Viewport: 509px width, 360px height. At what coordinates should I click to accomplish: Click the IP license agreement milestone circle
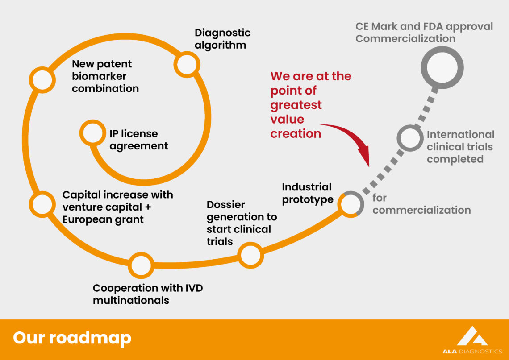pos(92,132)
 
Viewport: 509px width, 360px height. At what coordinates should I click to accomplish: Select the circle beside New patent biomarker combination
pos(42,79)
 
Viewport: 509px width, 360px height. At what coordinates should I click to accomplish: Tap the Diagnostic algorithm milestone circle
pos(186,64)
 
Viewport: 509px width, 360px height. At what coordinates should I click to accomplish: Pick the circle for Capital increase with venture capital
pos(43,203)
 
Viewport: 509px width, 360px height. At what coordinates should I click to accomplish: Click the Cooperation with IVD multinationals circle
pos(141,265)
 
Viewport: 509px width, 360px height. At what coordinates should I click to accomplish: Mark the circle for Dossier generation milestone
pos(250,255)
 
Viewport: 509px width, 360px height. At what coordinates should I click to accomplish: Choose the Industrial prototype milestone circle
pos(350,204)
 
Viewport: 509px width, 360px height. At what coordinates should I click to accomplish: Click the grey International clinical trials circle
pos(409,138)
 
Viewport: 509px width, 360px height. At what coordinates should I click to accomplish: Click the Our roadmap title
pos(72,338)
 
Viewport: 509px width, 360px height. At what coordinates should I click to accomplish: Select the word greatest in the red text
pos(296,105)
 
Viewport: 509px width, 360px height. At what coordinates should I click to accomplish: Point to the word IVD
pos(194,288)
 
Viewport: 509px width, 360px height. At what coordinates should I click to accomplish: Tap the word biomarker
pos(99,76)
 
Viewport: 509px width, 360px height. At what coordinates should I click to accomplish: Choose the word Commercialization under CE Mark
pos(405,39)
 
